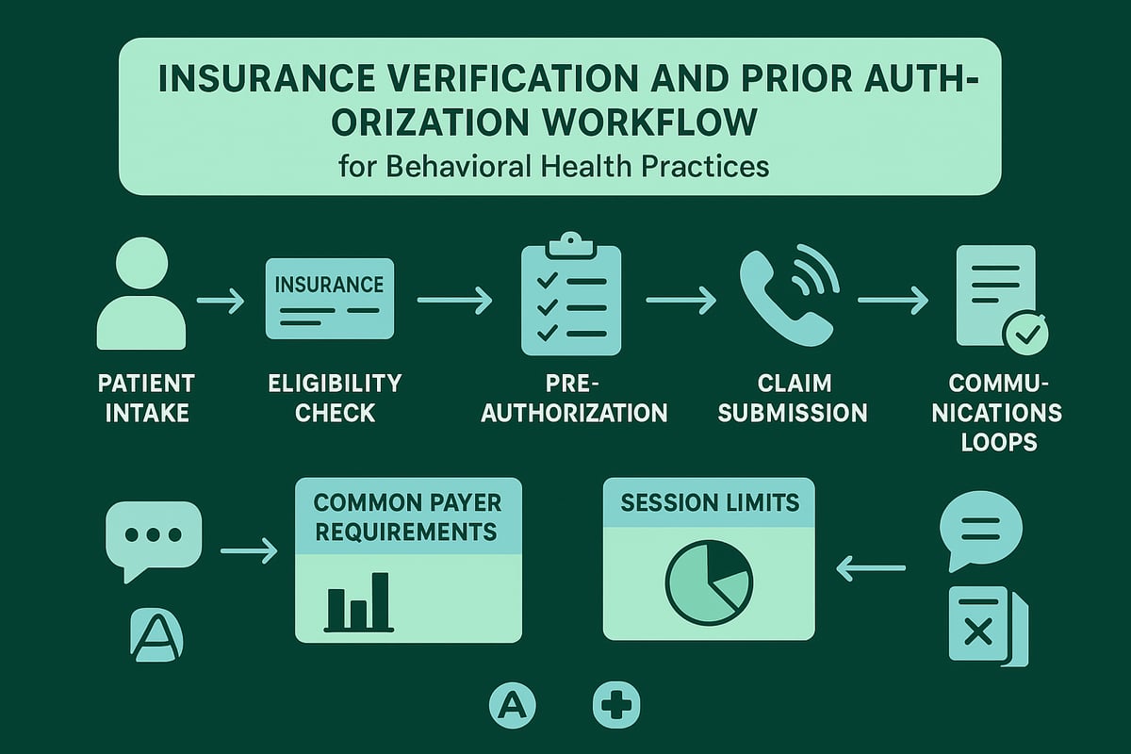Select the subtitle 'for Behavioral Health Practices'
click(554, 166)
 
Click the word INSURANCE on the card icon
click(328, 284)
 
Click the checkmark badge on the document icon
click(1024, 334)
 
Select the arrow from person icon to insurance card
click(221, 301)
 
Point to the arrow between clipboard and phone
click(680, 301)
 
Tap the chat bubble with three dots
click(154, 536)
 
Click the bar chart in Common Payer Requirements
click(357, 602)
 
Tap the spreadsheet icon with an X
click(984, 625)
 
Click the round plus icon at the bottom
click(616, 705)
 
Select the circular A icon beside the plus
click(512, 705)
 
